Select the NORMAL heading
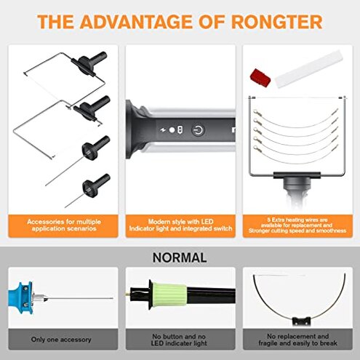180,257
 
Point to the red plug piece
259,76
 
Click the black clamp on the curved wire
299,319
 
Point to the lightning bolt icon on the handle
163,130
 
